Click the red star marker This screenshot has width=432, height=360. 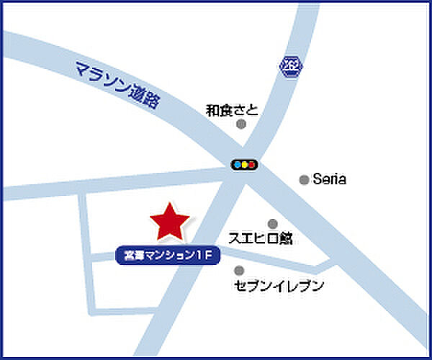(168, 222)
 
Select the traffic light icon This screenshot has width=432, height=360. (244, 165)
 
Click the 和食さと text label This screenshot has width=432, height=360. (231, 110)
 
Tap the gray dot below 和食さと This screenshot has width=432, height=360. (241, 124)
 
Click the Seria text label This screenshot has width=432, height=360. (330, 180)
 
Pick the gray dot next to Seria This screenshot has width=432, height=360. (305, 180)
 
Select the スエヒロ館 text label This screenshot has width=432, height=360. (260, 238)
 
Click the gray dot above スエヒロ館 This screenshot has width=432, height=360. (272, 224)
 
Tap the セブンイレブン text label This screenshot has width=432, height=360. (279, 286)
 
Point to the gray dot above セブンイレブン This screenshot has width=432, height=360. (239, 271)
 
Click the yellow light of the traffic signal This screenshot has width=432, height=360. (244, 165)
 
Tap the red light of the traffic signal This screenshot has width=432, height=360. (252, 165)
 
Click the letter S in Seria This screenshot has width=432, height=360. (317, 180)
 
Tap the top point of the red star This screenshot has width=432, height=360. (168, 204)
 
